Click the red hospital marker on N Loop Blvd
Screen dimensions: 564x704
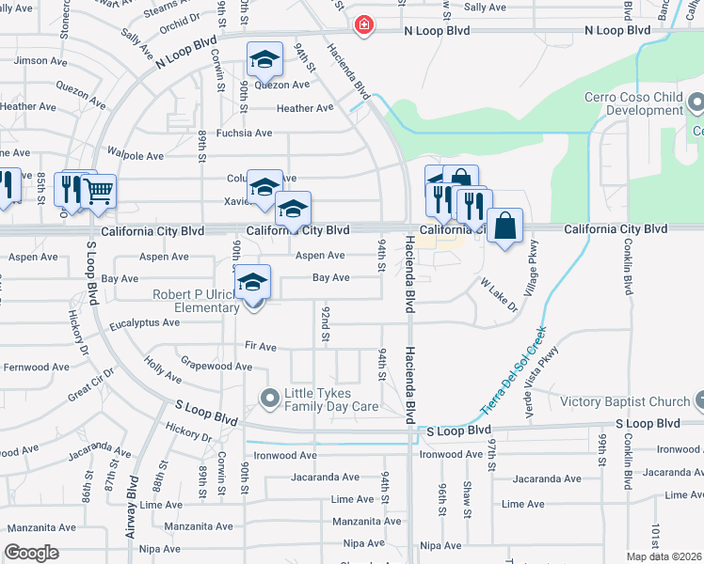pyautogui.click(x=363, y=25)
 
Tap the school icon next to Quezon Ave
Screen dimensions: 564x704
pyautogui.click(x=264, y=59)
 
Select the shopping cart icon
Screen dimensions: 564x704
pyautogui.click(x=98, y=191)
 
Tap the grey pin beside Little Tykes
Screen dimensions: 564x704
pyautogui.click(x=270, y=399)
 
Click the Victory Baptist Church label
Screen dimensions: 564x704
pyautogui.click(x=626, y=402)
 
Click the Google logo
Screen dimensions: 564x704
pyautogui.click(x=32, y=553)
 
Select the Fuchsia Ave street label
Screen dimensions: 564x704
pyautogui.click(x=244, y=133)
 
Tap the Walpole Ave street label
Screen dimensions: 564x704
pyautogui.click(x=136, y=156)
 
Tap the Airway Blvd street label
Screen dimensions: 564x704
pyautogui.click(x=143, y=504)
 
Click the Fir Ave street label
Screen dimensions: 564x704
pyautogui.click(x=260, y=347)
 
